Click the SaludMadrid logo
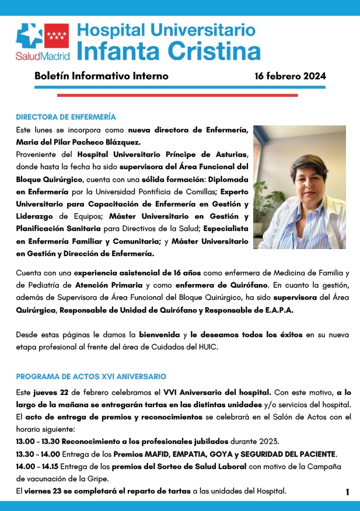tap(43, 42)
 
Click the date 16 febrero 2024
tap(290, 76)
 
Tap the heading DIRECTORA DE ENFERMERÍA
tap(66, 117)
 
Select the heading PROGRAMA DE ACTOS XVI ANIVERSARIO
tap(91, 376)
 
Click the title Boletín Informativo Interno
tap(102, 76)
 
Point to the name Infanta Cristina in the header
tap(169, 51)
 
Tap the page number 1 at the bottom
tap(347, 492)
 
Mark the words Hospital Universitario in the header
tap(166, 29)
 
